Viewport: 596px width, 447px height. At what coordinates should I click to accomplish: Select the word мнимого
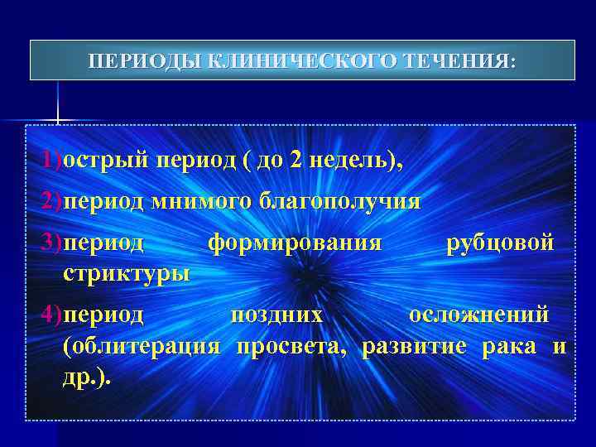[202, 201]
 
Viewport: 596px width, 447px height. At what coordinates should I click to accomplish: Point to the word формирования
[295, 242]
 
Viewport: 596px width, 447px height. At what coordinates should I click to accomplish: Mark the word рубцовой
[499, 242]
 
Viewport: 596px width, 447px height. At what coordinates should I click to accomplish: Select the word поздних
[276, 315]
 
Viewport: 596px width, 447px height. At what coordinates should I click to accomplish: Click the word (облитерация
[141, 345]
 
